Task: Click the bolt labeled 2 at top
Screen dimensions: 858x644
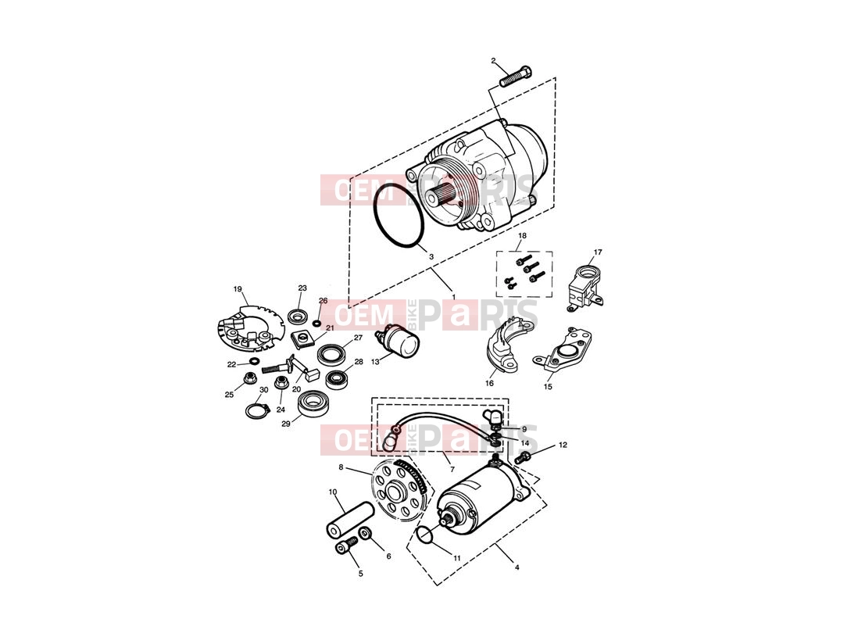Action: pos(516,76)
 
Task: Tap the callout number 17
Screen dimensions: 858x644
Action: pos(598,252)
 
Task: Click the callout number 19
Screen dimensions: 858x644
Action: pos(238,289)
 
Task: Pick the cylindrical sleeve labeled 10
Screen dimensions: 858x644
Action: pos(349,519)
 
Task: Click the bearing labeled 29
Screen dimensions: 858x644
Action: pos(313,404)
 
